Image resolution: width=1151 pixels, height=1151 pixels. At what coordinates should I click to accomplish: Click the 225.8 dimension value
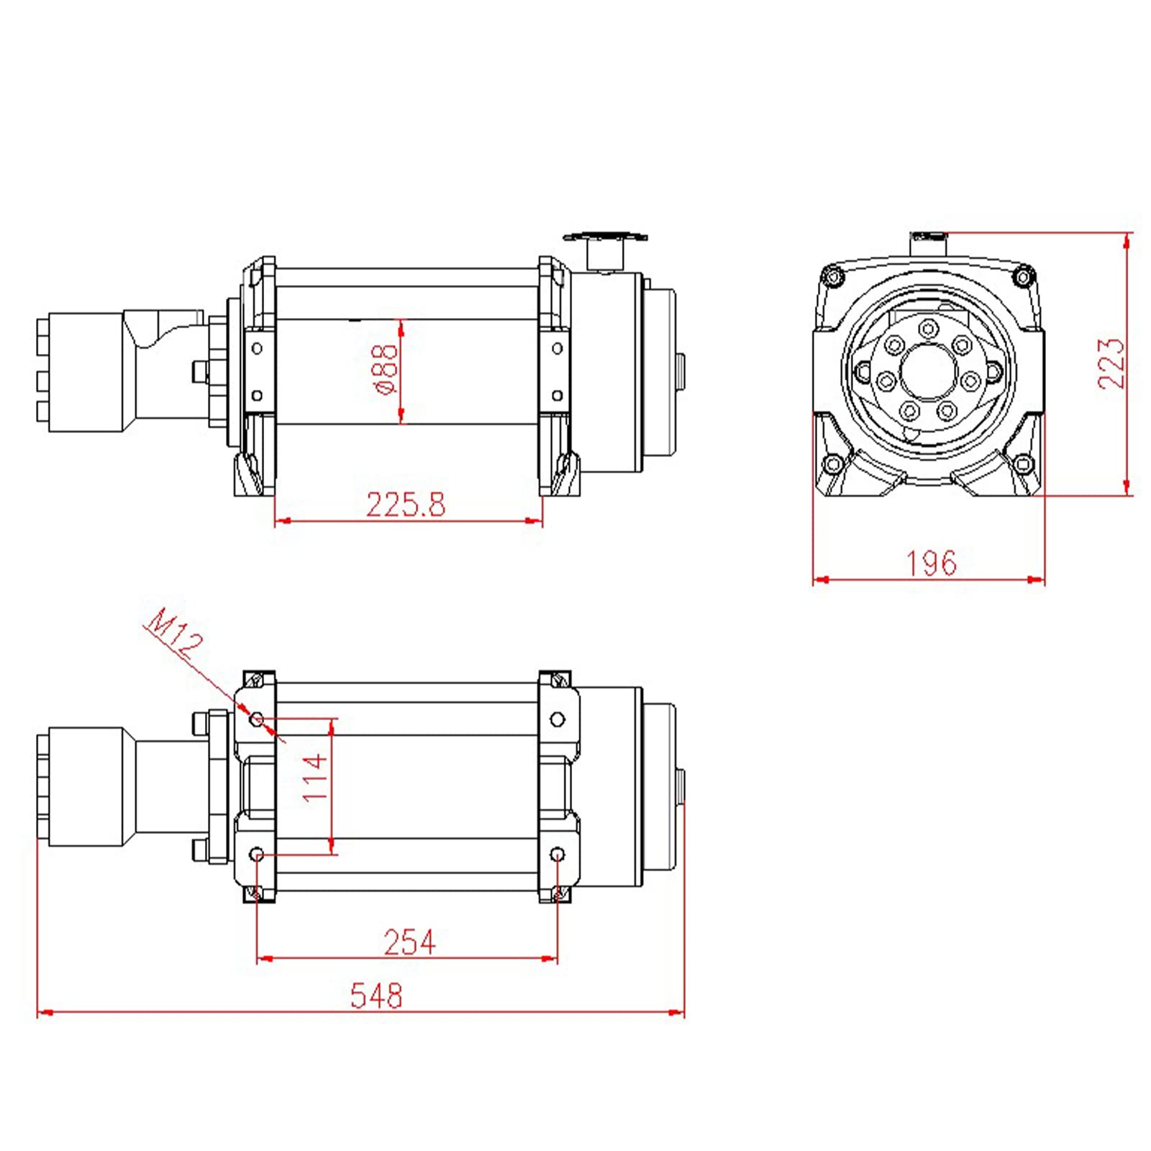(406, 504)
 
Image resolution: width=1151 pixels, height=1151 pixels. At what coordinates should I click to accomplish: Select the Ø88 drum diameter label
(386, 370)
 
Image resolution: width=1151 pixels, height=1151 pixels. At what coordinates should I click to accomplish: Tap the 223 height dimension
(1111, 363)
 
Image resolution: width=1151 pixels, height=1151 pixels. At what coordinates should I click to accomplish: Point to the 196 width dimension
(932, 563)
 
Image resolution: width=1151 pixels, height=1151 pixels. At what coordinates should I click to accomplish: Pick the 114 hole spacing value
(315, 778)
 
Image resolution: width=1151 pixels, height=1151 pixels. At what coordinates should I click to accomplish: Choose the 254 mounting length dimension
(409, 942)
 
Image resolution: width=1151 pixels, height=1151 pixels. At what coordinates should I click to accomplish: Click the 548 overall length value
(376, 996)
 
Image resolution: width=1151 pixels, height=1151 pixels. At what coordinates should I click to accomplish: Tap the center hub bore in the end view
(929, 371)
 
